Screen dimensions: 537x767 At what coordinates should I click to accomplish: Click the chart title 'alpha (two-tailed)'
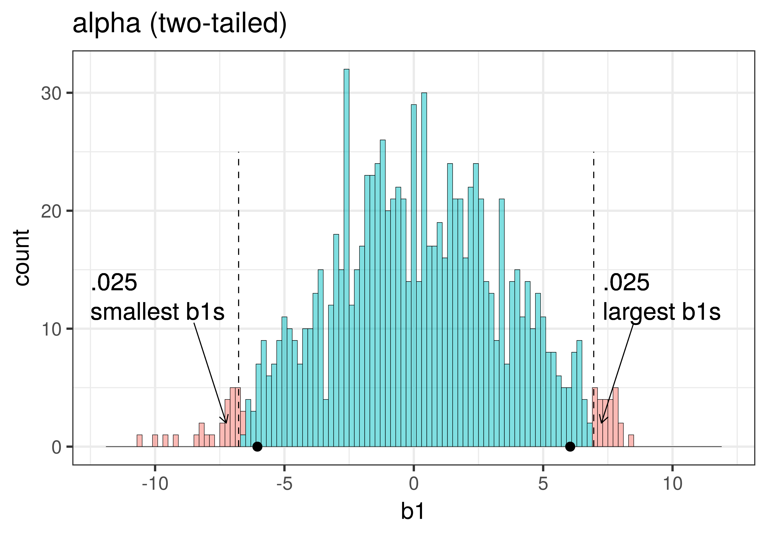click(179, 24)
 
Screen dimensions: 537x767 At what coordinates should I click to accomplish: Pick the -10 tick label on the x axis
click(155, 484)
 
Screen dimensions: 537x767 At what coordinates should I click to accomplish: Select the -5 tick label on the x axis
click(284, 484)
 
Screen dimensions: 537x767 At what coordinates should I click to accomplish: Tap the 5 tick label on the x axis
click(543, 484)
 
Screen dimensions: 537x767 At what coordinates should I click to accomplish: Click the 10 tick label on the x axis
click(672, 484)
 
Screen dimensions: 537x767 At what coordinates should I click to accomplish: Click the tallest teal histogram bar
click(346, 257)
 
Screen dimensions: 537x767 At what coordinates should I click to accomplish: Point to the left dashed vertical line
click(239, 267)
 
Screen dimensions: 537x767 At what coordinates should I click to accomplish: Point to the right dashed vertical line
click(594, 267)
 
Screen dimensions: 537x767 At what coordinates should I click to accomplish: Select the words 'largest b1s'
click(661, 312)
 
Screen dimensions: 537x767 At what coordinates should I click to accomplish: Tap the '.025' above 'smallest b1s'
click(114, 283)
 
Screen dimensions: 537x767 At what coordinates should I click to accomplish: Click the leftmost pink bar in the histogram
click(140, 441)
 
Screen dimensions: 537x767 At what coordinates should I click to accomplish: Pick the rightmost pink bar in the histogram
click(631, 441)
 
